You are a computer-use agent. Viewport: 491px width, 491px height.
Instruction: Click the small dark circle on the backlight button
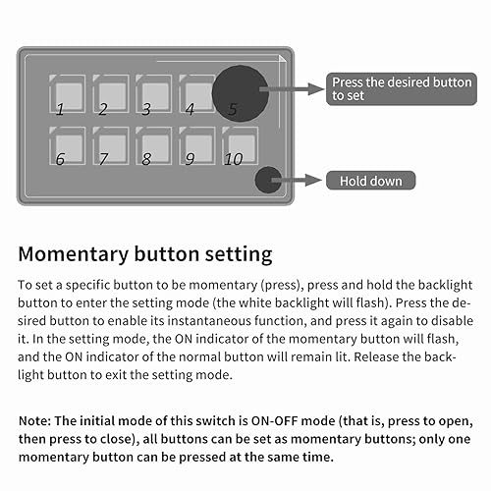tap(268, 180)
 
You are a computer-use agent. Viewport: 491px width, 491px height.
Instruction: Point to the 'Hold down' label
tap(371, 181)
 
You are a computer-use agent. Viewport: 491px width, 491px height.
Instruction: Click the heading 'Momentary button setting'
tap(145, 255)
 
